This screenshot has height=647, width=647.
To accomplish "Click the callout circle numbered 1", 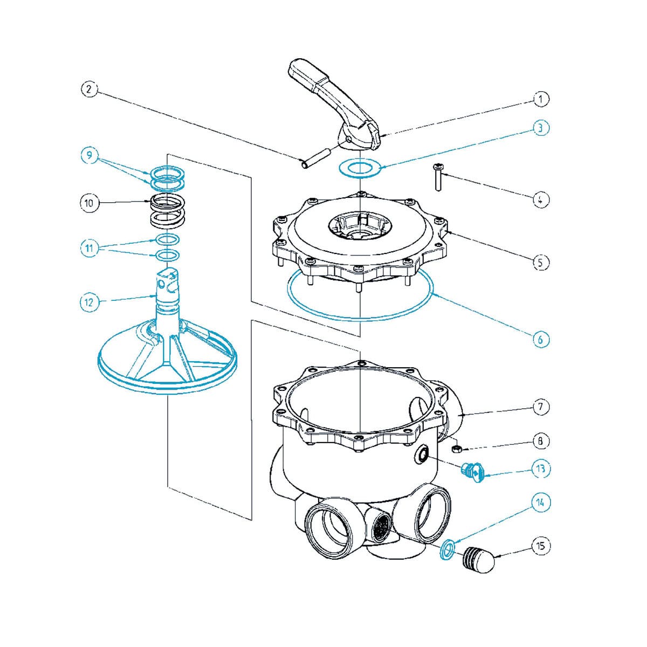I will click(541, 99).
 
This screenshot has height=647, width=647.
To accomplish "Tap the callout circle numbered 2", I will click(90, 90).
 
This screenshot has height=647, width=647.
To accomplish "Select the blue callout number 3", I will click(541, 128).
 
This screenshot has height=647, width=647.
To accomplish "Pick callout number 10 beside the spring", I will click(90, 203).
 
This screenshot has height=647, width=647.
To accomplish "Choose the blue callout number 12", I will click(90, 302).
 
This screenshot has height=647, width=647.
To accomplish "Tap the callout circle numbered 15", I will click(541, 546).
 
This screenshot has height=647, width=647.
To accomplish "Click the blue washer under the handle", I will click(359, 168).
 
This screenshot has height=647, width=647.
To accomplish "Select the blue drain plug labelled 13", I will click(473, 472).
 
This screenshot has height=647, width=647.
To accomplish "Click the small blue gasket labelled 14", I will click(446, 550).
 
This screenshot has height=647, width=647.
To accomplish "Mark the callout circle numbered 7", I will click(541, 407).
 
